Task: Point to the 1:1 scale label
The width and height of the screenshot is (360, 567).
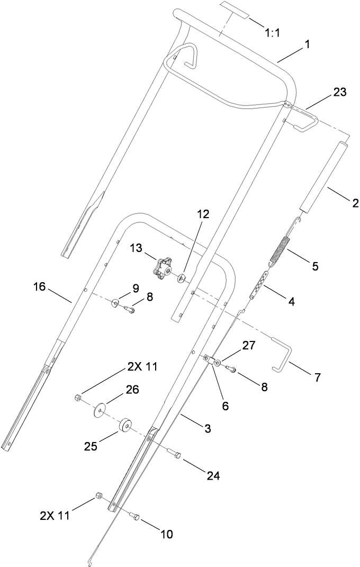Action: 272,33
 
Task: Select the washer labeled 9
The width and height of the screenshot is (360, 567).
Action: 114,303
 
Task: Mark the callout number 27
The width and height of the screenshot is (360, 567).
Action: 248,346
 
